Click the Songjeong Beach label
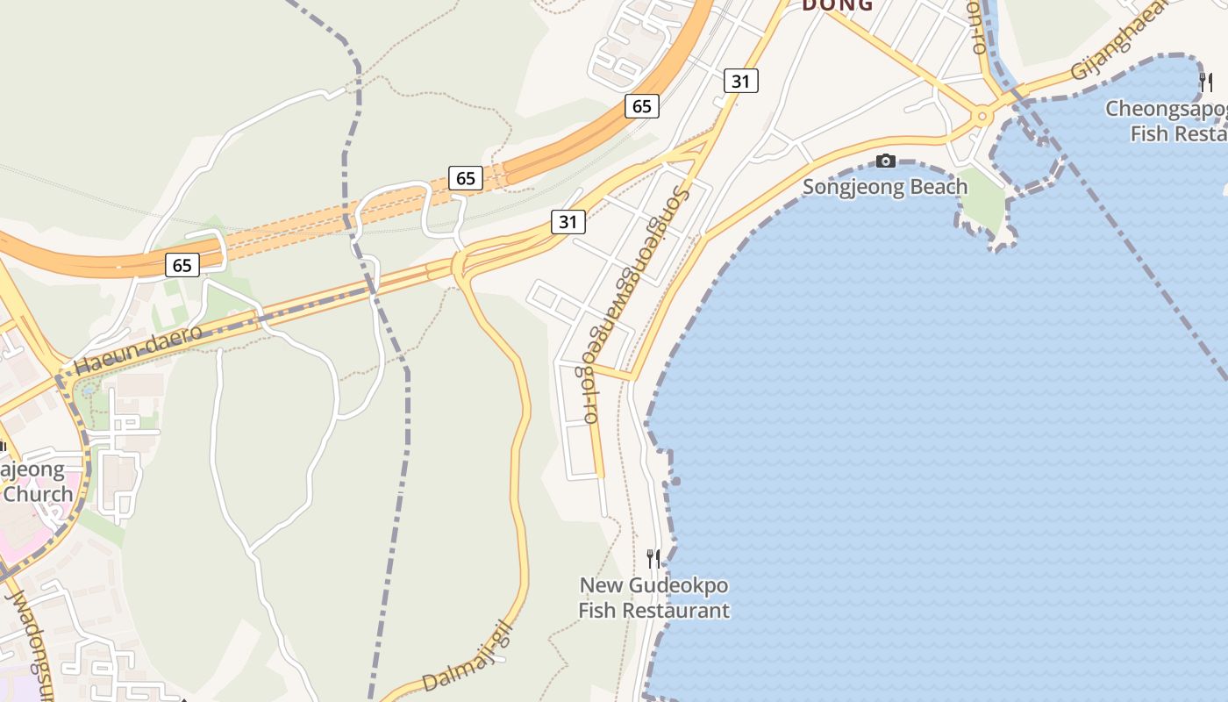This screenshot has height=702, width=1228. (885, 187)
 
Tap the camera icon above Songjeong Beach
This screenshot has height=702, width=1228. (886, 161)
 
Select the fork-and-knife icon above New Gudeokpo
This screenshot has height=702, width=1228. (653, 559)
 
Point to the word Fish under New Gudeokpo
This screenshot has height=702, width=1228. (598, 610)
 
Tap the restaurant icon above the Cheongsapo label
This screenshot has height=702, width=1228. (1205, 82)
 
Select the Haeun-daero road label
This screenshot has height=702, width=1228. (138, 349)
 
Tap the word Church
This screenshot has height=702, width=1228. (38, 493)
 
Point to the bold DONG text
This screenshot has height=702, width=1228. (838, 5)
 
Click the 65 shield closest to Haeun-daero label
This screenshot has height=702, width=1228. (182, 264)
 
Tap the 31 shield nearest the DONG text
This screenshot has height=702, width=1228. (741, 82)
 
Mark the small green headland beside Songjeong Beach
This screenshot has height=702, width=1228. (984, 208)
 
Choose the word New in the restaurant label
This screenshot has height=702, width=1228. (600, 584)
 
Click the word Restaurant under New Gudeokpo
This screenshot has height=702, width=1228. (676, 610)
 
